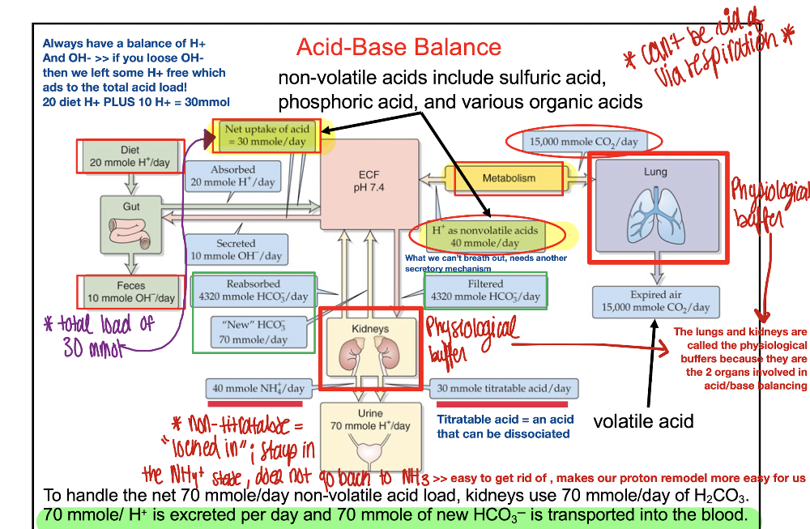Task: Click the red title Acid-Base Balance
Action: tap(399, 47)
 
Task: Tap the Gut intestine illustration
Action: tap(131, 228)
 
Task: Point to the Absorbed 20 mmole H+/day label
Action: tap(232, 177)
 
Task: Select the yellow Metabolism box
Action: tap(509, 177)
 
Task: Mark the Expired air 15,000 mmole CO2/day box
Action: tap(656, 301)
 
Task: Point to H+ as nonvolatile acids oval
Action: tap(484, 237)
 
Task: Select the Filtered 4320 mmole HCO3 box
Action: tap(485, 290)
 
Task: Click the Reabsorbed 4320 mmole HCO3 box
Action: tap(254, 290)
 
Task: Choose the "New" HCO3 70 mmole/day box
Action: tap(254, 331)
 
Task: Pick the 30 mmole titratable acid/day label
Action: tap(504, 388)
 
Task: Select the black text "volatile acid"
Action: tap(643, 421)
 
